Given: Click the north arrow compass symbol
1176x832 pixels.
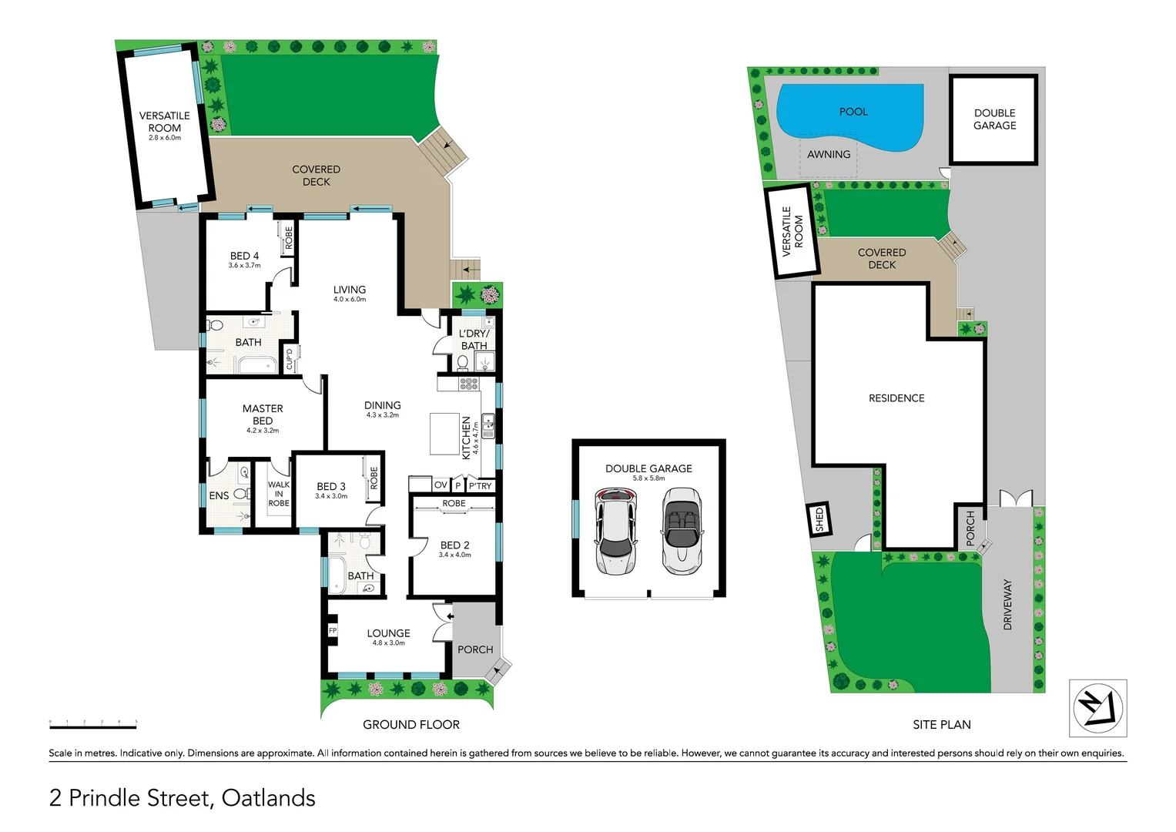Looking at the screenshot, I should pos(1097,708).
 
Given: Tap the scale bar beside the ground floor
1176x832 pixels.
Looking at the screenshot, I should pos(92,724).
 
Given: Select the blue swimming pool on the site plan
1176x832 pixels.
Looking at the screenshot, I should pos(851,116).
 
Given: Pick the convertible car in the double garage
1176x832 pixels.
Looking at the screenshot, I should pos(682,531).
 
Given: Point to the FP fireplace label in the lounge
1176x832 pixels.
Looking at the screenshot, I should pos(333,630).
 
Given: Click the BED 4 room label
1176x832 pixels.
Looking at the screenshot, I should pos(244,256).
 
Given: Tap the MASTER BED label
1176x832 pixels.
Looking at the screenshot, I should pos(263,414).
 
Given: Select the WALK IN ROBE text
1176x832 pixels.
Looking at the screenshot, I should pos(279,494).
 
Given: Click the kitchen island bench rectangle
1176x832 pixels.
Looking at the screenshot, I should pos(444,434).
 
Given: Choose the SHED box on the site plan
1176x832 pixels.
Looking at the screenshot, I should pos(819,519).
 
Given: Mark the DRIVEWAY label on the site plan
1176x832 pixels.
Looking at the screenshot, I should pos(1007,605).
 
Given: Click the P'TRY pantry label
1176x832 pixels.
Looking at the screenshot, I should pos(480,485).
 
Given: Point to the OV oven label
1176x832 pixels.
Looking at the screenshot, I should pos(440,485).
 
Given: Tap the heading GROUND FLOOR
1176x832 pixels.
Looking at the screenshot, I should pos(411,725).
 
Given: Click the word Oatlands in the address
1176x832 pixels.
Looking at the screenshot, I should pos(268,798).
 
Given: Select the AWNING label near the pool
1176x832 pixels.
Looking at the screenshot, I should pos(829,154).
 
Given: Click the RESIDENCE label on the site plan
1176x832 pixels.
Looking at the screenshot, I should pos(896,398).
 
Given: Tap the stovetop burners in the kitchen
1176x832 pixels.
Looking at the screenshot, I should pos(468,383).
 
